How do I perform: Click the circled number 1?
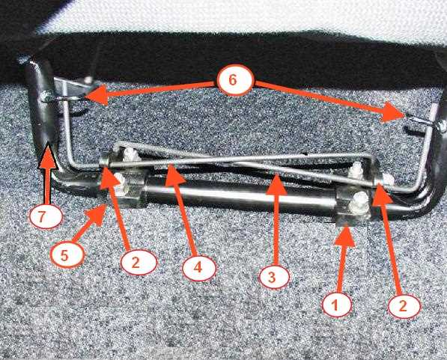tap(336, 305)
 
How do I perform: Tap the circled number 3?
tap(273, 276)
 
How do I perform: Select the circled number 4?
tap(199, 268)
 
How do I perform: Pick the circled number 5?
tap(66, 254)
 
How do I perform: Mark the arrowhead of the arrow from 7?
tap(47, 156)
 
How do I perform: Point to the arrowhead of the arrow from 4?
tap(174, 174)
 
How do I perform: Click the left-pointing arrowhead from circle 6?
tap(96, 96)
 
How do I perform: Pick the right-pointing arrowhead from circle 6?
tap(393, 113)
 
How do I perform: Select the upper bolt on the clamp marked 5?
tap(130, 154)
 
